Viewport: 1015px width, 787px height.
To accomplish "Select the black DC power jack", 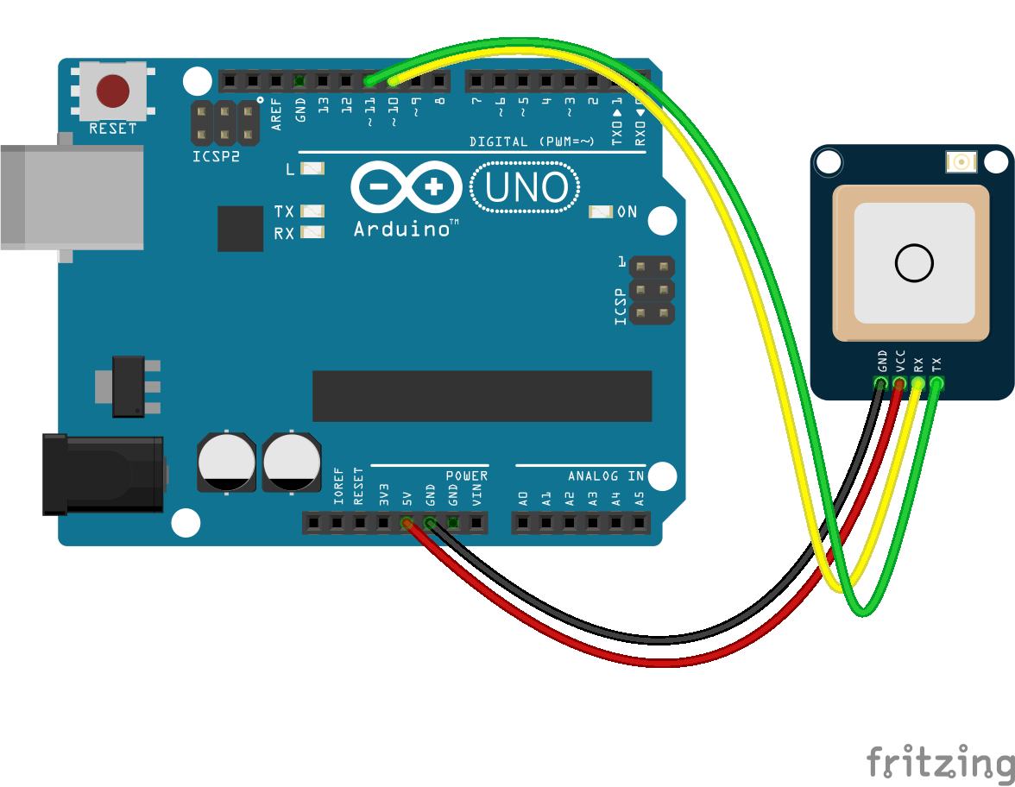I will click(x=104, y=475).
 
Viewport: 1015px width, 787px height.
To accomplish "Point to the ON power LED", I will click(x=600, y=211).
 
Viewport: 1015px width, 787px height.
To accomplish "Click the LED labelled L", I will click(x=312, y=169).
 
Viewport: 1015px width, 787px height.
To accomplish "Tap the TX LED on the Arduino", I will click(x=312, y=211).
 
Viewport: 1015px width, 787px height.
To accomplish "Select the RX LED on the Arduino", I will click(x=312, y=232).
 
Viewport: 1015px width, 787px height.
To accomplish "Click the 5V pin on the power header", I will click(x=406, y=523).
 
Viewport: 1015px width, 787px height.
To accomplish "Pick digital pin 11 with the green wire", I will click(x=369, y=82).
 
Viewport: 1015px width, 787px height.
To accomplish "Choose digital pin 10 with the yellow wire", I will click(x=393, y=82).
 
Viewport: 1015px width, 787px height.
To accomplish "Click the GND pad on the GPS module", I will click(x=881, y=383).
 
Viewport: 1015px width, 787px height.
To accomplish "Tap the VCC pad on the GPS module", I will click(x=900, y=383).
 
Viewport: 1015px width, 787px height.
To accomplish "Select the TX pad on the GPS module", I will click(x=937, y=383).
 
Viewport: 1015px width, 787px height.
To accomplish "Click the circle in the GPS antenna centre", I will click(x=914, y=263).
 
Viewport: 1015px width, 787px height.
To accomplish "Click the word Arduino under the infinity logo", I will click(x=402, y=229).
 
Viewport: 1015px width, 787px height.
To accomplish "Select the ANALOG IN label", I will click(x=606, y=476).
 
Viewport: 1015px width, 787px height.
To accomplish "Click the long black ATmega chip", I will click(x=482, y=396).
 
